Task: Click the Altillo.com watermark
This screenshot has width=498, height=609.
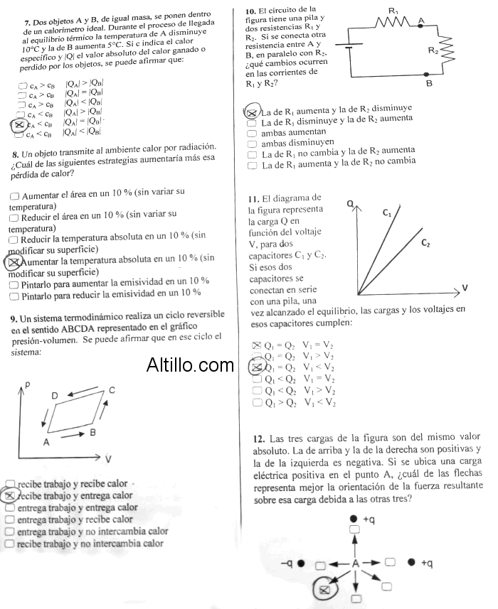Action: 190,365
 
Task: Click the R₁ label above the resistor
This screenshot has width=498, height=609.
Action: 393,10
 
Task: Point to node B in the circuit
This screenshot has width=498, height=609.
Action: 429,82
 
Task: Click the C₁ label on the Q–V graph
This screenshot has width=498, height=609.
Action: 387,212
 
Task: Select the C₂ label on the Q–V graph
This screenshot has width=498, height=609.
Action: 425,243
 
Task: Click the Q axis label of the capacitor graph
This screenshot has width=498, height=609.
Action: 349,204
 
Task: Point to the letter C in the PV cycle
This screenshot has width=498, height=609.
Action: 112,389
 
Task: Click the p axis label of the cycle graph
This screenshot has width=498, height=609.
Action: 27,384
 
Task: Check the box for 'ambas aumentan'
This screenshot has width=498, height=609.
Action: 251,133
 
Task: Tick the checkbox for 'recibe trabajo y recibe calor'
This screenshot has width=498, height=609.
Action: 9,484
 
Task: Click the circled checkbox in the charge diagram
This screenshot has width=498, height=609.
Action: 324,589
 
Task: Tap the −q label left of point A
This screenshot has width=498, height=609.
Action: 287,563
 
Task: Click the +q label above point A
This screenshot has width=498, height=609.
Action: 369,520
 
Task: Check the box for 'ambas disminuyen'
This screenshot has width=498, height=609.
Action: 251,144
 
